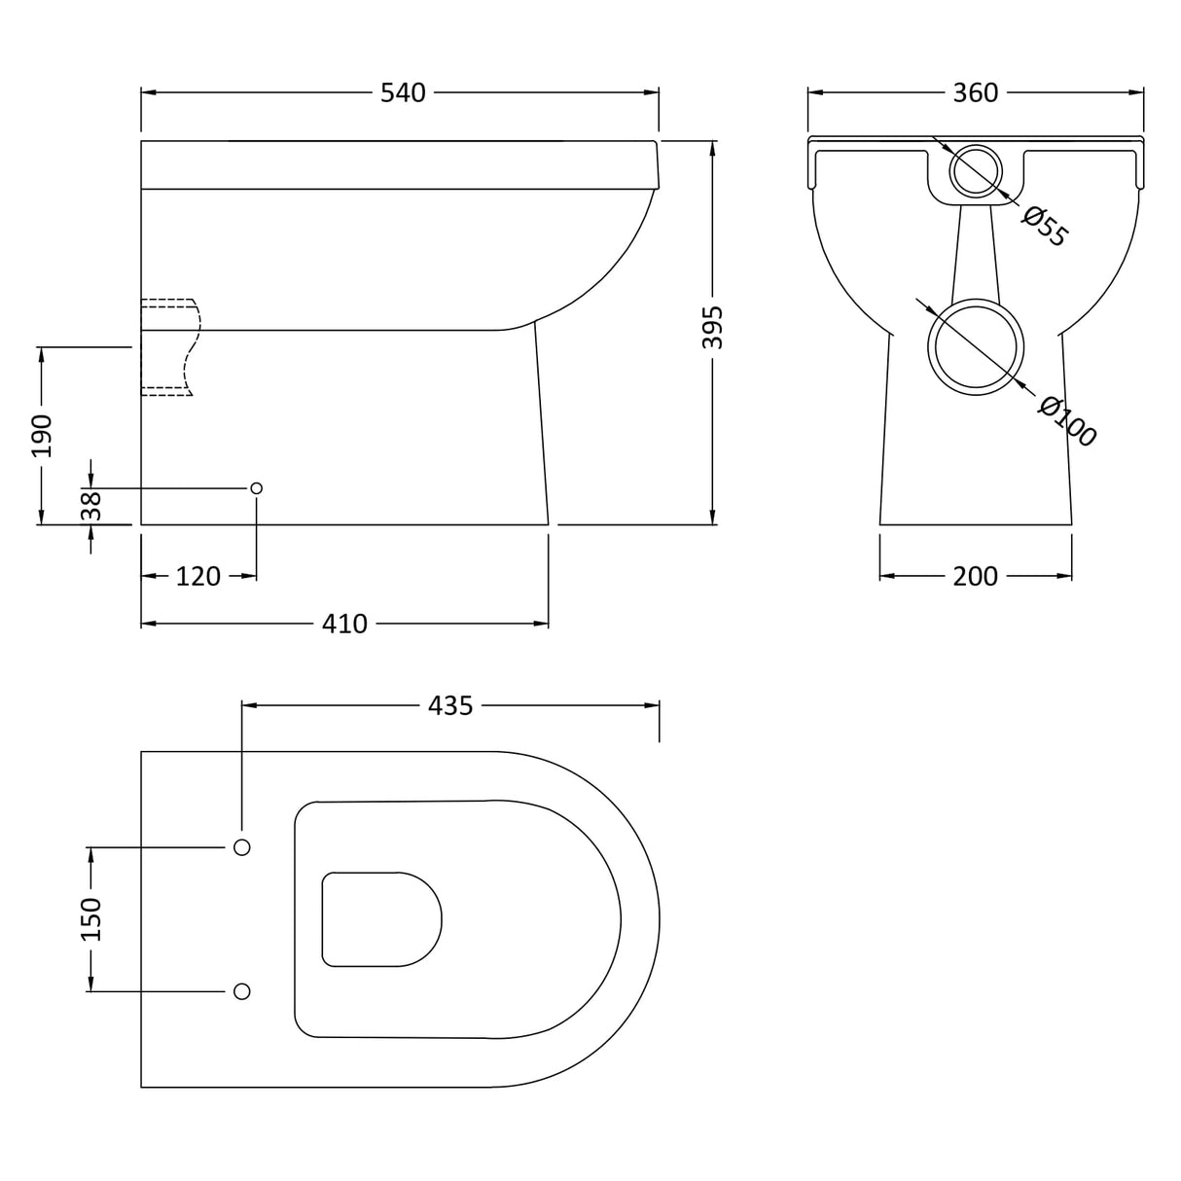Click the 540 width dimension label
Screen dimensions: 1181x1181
[403, 92]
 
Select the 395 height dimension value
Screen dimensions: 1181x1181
[713, 328]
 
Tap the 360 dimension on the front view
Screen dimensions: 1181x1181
[975, 92]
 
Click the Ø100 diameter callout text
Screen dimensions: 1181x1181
[1067, 421]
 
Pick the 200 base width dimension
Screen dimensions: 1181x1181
[975, 576]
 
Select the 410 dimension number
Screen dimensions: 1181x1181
[344, 624]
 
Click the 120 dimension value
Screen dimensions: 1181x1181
[198, 576]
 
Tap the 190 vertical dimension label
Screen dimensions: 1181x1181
[41, 435]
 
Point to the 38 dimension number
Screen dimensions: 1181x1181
[90, 506]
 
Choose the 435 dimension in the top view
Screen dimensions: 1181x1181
[450, 705]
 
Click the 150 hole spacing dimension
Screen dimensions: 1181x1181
[90, 919]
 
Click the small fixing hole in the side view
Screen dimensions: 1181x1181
[257, 487]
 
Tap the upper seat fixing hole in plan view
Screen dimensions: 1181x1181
[242, 847]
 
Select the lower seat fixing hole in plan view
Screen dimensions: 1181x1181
[242, 991]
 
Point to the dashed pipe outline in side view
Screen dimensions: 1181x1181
[170, 346]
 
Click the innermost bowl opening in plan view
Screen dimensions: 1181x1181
[379, 919]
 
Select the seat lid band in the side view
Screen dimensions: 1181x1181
[399, 165]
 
